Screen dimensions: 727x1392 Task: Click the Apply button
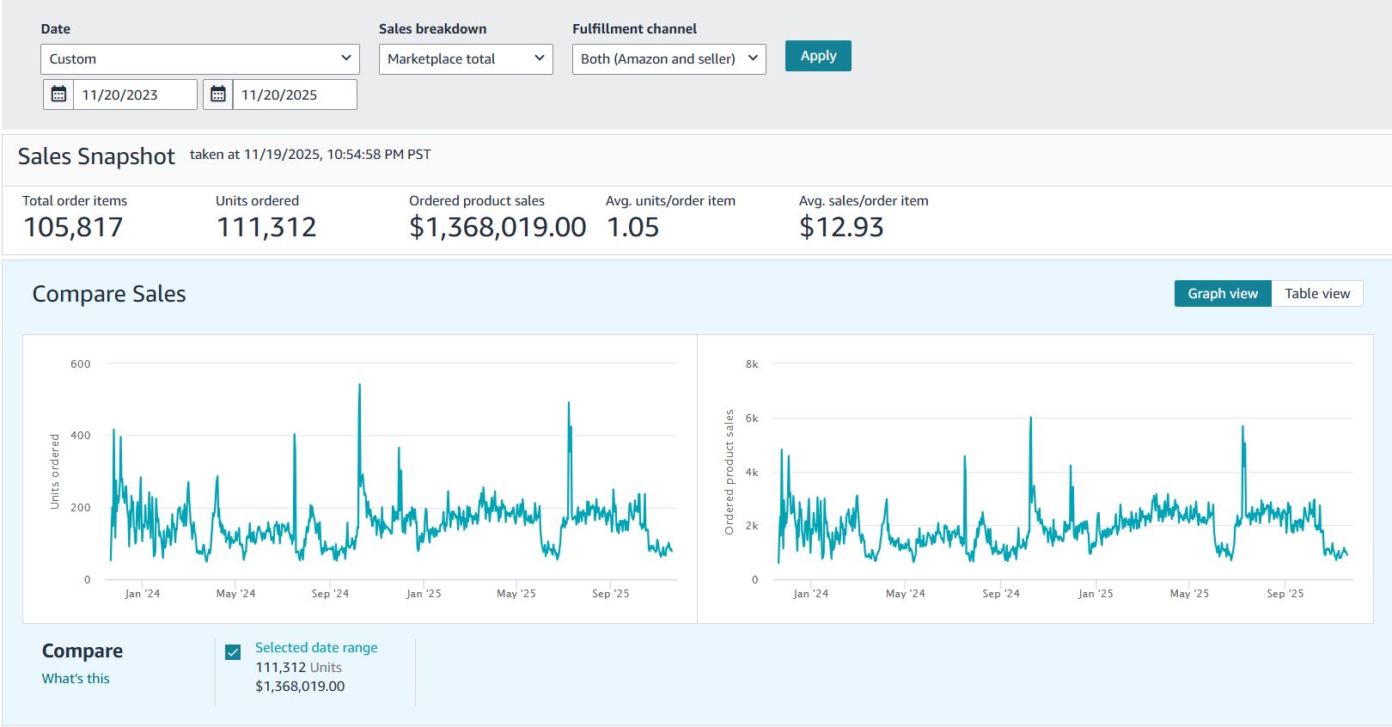[817, 56]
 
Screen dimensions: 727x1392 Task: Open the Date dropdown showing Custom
[199, 59]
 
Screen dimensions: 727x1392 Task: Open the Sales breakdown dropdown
[465, 59]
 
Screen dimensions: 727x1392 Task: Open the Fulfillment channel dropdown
[669, 59]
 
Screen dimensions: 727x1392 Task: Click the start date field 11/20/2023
[134, 95]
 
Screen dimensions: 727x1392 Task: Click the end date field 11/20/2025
[294, 95]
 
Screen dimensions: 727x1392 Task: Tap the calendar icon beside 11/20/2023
[58, 95]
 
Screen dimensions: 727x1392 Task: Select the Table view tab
[1316, 294]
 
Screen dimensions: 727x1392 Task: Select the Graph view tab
[1222, 294]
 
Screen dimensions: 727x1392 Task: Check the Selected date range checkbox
[233, 652]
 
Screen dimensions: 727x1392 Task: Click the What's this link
[76, 679]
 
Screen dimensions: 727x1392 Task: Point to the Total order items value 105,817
[73, 228]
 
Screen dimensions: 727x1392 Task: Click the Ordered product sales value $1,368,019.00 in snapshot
[497, 228]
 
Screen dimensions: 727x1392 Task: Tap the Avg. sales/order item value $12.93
[840, 228]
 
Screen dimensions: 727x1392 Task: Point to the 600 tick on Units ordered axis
[80, 364]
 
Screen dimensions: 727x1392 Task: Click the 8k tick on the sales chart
[752, 364]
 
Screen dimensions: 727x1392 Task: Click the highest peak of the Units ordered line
[359, 385]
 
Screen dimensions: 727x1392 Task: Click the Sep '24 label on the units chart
[330, 594]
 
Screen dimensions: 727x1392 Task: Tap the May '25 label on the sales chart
[1188, 594]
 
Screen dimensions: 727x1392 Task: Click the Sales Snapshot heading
[96, 156]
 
